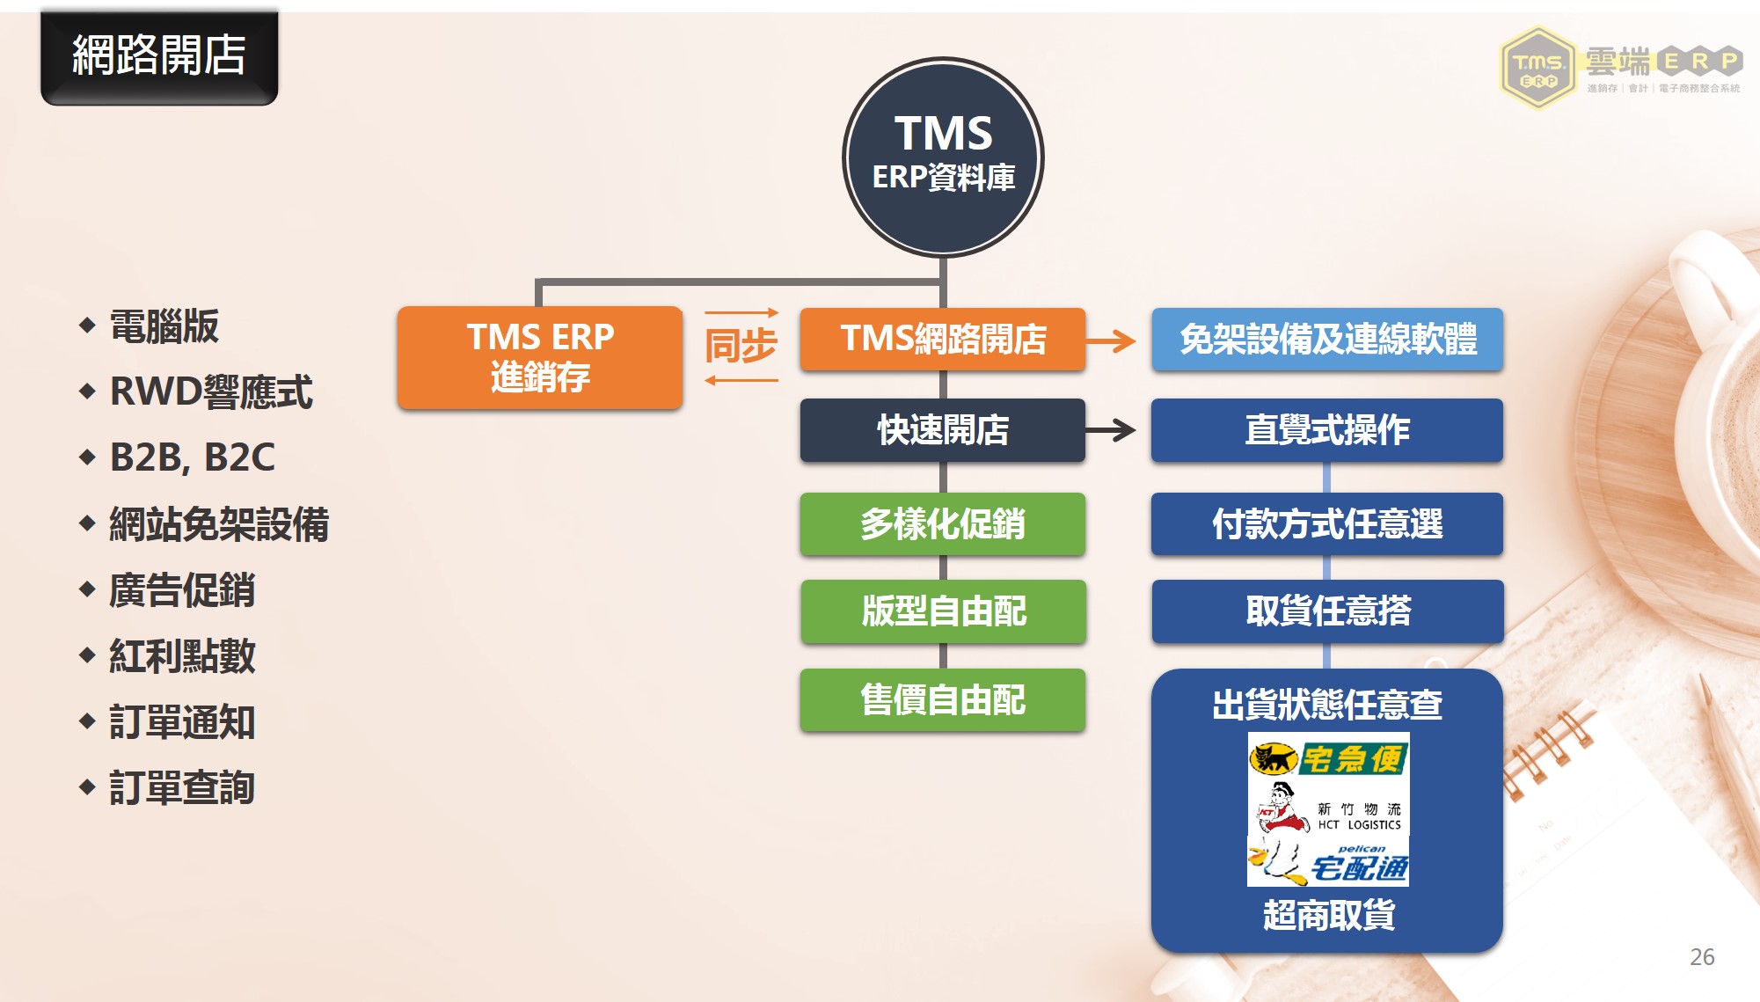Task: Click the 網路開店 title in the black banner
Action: coord(159,55)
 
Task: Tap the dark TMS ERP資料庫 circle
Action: coord(943,157)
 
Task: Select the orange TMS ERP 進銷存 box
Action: coord(540,357)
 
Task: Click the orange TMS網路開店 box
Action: coord(943,339)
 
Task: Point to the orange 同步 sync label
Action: coord(741,346)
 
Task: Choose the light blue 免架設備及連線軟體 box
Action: coord(1327,339)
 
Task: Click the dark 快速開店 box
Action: coord(943,430)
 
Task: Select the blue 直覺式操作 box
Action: coord(1327,430)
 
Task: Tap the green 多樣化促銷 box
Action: coord(943,524)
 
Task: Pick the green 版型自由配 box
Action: coord(943,611)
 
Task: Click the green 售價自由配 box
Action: coord(943,700)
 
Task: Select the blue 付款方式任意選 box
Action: coord(1327,524)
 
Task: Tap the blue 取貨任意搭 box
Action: coord(1327,611)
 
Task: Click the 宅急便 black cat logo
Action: coord(1328,757)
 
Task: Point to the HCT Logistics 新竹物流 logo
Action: coord(1328,807)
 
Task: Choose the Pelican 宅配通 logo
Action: coord(1328,860)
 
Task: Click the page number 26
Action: coord(1702,957)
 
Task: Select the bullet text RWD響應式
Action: coord(211,391)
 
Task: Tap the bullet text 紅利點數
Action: coord(182,655)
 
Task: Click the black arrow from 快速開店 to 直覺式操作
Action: coord(1110,430)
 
